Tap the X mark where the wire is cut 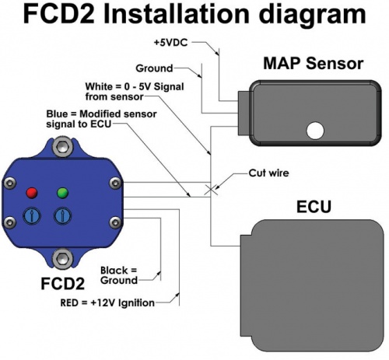[209, 189]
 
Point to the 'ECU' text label [315, 208]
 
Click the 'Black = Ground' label [120, 275]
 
